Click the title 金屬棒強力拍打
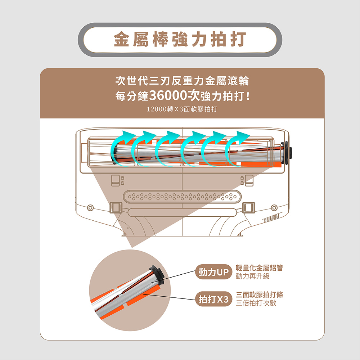click(x=180, y=40)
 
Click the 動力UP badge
click(x=214, y=273)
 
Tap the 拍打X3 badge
click(x=214, y=299)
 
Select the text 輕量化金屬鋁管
click(x=259, y=268)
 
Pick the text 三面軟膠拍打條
click(x=259, y=294)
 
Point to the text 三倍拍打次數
click(x=256, y=303)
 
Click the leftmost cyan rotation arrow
click(x=121, y=148)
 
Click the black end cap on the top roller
click(x=287, y=152)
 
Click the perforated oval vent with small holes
click(x=182, y=197)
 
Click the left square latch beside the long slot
click(x=116, y=208)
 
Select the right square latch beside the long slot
click(x=249, y=208)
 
